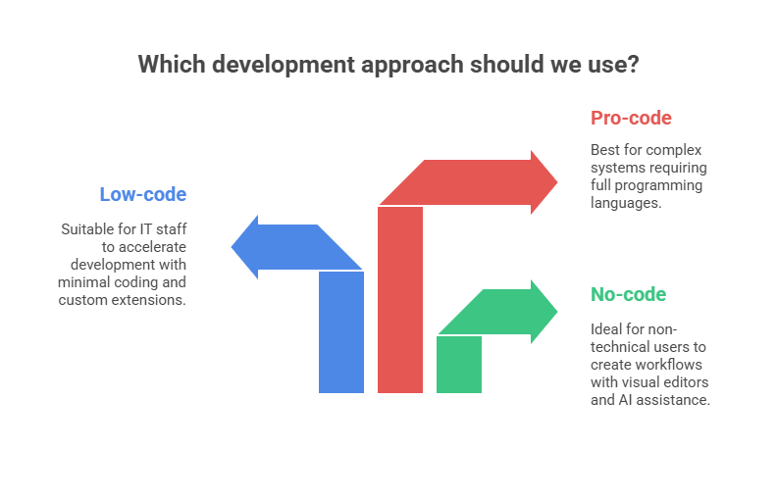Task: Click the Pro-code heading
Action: (x=631, y=119)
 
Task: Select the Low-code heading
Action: (x=142, y=194)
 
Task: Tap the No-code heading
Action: (x=628, y=294)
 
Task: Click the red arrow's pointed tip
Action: (x=557, y=181)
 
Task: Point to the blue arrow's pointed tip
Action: (x=233, y=247)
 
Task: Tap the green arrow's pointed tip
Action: (x=557, y=312)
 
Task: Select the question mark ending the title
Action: (x=634, y=65)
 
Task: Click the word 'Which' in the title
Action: (x=166, y=65)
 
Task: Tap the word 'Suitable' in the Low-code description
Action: (x=86, y=229)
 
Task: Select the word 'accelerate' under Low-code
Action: (x=151, y=247)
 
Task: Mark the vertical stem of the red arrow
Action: (x=400, y=304)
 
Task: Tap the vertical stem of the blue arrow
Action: (x=341, y=333)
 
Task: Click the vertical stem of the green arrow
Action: (x=459, y=365)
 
